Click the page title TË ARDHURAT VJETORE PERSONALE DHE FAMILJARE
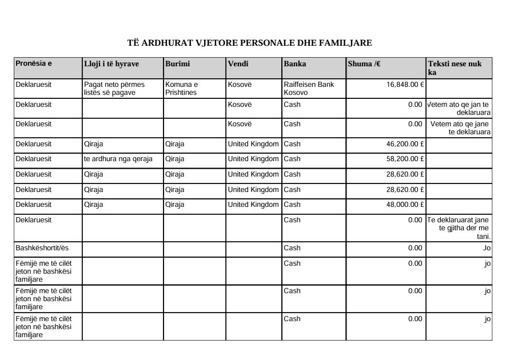point(249,43)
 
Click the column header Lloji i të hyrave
point(111,64)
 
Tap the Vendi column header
point(238,64)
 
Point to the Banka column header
point(294,64)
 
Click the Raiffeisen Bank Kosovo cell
point(309,88)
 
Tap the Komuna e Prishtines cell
point(181,88)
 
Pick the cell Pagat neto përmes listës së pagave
point(114,88)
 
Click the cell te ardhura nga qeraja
point(118,159)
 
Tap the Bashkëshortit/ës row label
point(39,248)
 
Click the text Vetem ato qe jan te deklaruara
point(459,109)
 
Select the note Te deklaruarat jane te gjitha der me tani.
point(459,228)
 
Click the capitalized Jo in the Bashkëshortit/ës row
point(487,248)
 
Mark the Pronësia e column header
point(34,63)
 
